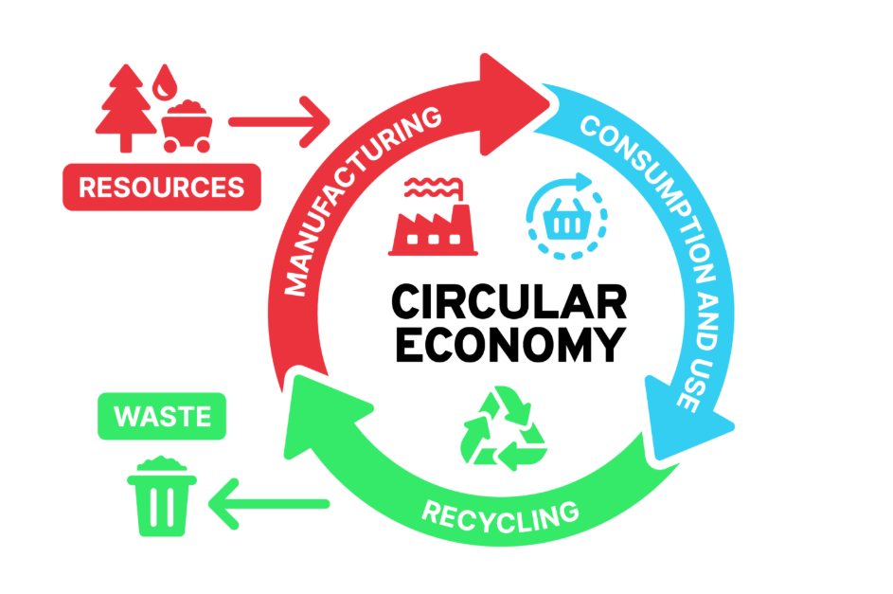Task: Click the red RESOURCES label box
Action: point(162,187)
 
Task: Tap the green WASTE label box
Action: point(162,416)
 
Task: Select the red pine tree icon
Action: point(126,108)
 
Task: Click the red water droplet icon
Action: point(165,82)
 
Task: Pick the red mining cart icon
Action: point(187,126)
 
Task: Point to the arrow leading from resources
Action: point(279,122)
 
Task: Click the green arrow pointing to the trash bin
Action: point(269,504)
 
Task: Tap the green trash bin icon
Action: point(162,496)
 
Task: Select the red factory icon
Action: point(433,216)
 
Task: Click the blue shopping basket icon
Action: point(566,216)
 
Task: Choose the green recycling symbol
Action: point(504,428)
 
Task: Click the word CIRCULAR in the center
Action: point(509,302)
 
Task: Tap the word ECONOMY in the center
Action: point(510,344)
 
